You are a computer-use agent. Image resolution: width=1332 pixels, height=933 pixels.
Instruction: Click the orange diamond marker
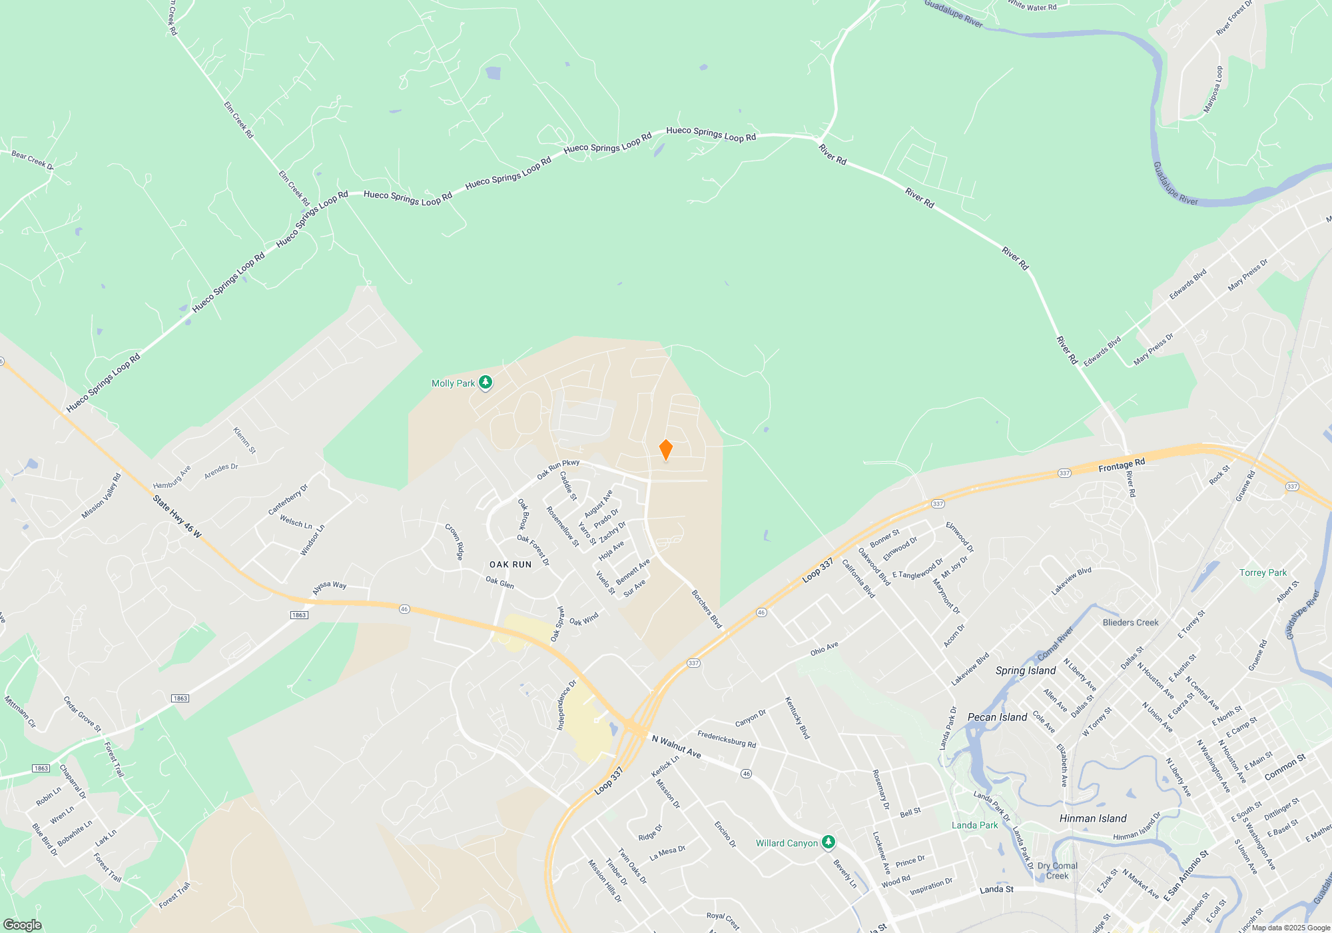tap(665, 450)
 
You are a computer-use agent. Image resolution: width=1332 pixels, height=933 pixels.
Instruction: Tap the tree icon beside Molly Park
tap(486, 383)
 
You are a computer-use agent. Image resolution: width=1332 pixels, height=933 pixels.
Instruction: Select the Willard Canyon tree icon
tap(828, 842)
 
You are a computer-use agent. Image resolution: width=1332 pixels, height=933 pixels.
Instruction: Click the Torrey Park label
tap(1263, 572)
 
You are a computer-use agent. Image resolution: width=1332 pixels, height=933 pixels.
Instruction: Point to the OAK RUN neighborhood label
tap(510, 564)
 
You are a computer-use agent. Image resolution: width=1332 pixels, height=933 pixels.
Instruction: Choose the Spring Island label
tap(1026, 670)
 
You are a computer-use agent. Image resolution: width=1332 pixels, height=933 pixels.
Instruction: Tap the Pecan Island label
tap(997, 717)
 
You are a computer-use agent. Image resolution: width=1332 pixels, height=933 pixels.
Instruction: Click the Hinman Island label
tap(1093, 818)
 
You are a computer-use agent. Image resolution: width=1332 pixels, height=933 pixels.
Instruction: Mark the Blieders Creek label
tap(1130, 622)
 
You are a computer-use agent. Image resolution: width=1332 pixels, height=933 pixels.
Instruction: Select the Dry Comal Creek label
tap(1058, 870)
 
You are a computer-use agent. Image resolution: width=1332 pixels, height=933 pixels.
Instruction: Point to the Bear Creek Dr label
tap(32, 160)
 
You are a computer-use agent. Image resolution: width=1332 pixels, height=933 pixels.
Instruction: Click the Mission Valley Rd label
tap(102, 496)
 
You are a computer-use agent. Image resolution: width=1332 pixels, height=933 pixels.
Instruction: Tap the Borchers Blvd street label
tap(707, 609)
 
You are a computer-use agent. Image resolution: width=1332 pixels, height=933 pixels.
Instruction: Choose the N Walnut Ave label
tap(676, 746)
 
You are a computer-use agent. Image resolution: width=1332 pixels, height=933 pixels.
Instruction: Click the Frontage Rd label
tap(1122, 465)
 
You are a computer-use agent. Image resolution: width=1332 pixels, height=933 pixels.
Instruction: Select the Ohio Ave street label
tap(825, 648)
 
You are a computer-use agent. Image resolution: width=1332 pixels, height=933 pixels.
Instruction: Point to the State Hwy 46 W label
tap(177, 516)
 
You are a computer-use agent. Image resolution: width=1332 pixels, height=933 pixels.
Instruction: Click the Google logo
tap(23, 925)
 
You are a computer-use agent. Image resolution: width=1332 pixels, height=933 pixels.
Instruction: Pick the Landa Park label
tap(974, 825)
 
